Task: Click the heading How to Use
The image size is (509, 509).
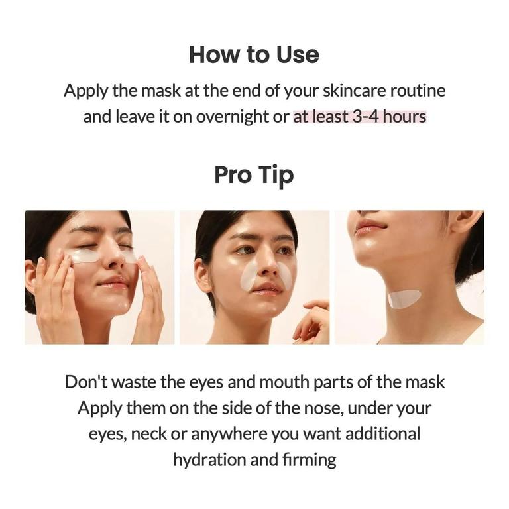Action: tap(254, 54)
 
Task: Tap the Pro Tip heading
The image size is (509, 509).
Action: tap(254, 175)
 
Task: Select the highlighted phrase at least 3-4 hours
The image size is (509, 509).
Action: tap(359, 117)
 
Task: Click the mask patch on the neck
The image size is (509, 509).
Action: tap(404, 299)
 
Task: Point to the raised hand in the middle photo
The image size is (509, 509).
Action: tap(313, 322)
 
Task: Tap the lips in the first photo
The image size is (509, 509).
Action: tap(113, 282)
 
